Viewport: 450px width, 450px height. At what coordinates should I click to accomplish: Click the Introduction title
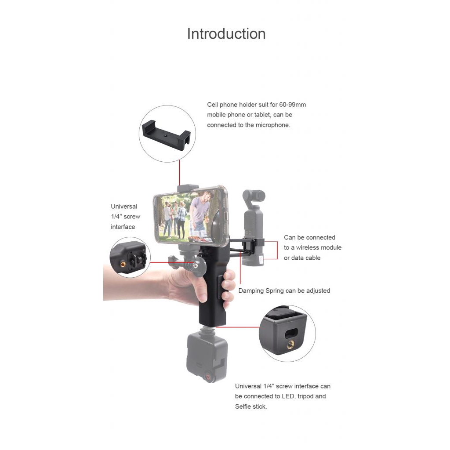[226, 34]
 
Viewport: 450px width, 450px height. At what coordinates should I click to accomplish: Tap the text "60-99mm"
[292, 105]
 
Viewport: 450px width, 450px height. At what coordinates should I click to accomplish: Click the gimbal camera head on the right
[254, 196]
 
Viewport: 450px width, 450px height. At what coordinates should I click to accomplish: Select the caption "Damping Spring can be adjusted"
[284, 290]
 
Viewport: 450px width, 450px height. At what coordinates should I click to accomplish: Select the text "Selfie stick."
[250, 406]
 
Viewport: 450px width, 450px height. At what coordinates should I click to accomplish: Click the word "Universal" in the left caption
[124, 206]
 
